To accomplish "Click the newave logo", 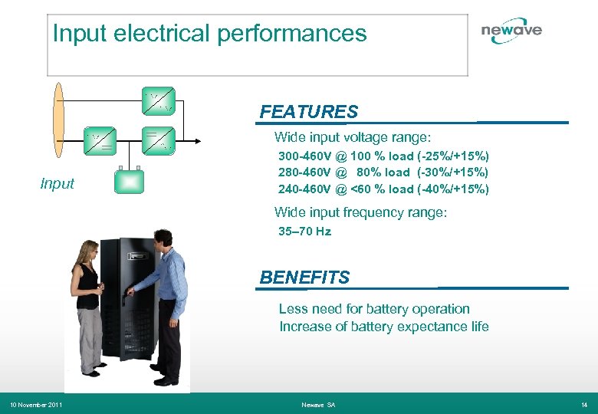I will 511,30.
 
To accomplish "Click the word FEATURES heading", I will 308,112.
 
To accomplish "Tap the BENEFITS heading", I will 304,278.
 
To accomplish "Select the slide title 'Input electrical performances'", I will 209,34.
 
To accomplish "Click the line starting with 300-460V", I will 383,156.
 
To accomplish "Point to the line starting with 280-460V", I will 383,172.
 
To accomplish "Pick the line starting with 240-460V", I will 383,189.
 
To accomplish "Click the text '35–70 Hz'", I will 304,231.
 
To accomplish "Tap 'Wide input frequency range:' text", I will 360,212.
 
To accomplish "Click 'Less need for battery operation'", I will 374,309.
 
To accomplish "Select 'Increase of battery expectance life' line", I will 383,327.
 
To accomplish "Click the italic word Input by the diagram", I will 58,183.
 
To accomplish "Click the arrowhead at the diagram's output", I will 197,140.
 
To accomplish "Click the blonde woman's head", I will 88,251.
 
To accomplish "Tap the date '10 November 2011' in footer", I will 35,404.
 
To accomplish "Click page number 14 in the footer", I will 584,404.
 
